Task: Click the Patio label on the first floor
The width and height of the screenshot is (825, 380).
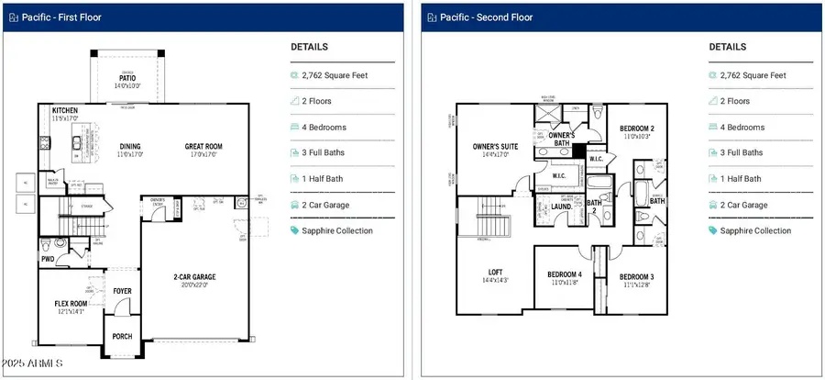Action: pos(127,79)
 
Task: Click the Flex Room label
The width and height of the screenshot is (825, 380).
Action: pos(70,303)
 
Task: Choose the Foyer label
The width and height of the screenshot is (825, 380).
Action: pos(122,291)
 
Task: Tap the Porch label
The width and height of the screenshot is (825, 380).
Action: pos(122,336)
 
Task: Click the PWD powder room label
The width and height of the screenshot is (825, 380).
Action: pos(48,260)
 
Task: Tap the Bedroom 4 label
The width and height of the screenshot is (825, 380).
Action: pos(564,274)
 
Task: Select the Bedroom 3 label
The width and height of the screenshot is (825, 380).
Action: pos(635,276)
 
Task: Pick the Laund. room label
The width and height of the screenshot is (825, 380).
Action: pos(562,207)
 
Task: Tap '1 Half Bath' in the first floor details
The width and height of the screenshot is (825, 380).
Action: pos(324,179)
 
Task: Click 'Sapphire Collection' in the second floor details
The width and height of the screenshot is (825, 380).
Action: pos(757,230)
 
